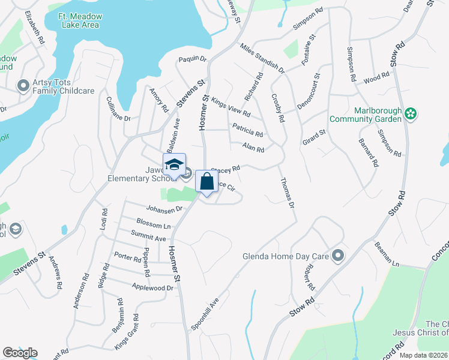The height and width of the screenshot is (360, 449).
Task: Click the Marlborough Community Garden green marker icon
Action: tap(411, 113)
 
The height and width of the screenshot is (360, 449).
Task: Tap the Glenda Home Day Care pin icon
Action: tap(338, 256)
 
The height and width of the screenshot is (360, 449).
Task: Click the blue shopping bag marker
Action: tap(206, 181)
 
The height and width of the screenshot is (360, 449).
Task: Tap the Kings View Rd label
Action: tap(231, 109)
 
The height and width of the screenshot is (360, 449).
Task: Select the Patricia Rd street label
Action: tap(248, 131)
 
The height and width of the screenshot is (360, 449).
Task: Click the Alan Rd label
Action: tap(253, 147)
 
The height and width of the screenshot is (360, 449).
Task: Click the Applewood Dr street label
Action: tap(153, 288)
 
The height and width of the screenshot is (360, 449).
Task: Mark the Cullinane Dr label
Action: tap(118, 109)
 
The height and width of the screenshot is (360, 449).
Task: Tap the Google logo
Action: tap(20, 353)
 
